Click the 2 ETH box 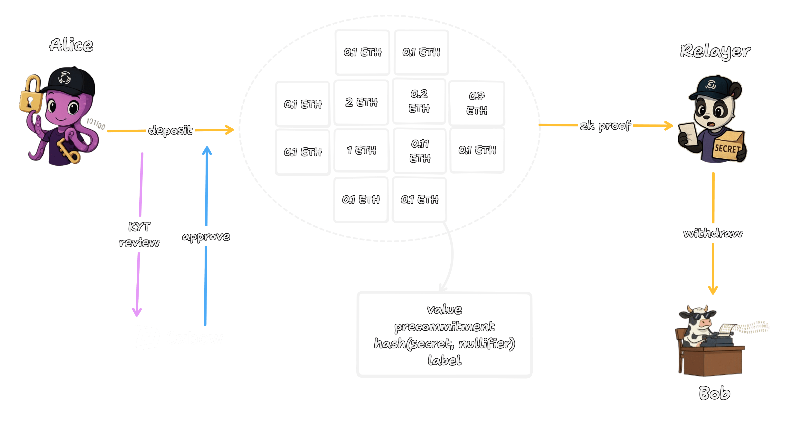coord(361,102)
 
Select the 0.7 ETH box coord(477,103)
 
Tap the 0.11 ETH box coord(420,151)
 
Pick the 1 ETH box coord(361,150)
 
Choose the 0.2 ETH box coord(419,101)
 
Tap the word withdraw coord(713,233)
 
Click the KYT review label coord(139,234)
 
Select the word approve coord(206,237)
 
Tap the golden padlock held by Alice coord(31,95)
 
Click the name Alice coord(71,45)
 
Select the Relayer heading coord(715,51)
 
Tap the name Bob coord(714,393)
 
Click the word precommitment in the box coord(444,327)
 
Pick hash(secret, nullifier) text coord(444,344)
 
